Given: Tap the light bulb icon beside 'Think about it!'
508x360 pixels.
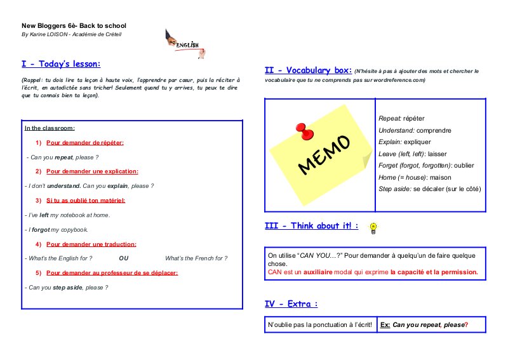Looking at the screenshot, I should pyautogui.click(x=373, y=227).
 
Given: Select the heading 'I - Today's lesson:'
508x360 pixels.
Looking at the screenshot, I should pyautogui.click(x=61, y=64).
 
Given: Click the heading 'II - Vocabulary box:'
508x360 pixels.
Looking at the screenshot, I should pyautogui.click(x=308, y=70).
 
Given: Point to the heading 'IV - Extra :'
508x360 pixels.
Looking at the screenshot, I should pyautogui.click(x=291, y=304).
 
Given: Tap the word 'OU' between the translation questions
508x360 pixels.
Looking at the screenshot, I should pyautogui.click(x=124, y=258).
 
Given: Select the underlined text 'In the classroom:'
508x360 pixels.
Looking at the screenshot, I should pyautogui.click(x=50, y=128).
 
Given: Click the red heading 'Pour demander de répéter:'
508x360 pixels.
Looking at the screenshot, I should pyautogui.click(x=84, y=142).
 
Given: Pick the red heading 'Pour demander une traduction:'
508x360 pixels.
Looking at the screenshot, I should pyautogui.click(x=91, y=244).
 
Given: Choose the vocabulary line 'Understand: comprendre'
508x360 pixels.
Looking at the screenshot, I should pyautogui.click(x=415, y=130).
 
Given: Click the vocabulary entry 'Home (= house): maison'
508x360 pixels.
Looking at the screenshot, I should pyautogui.click(x=415, y=177).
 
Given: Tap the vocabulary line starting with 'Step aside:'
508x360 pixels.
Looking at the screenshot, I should pyautogui.click(x=430, y=189).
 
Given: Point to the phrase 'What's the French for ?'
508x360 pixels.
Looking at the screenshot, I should pyautogui.click(x=196, y=258).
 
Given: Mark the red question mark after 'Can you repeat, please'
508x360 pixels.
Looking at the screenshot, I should pyautogui.click(x=466, y=325).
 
